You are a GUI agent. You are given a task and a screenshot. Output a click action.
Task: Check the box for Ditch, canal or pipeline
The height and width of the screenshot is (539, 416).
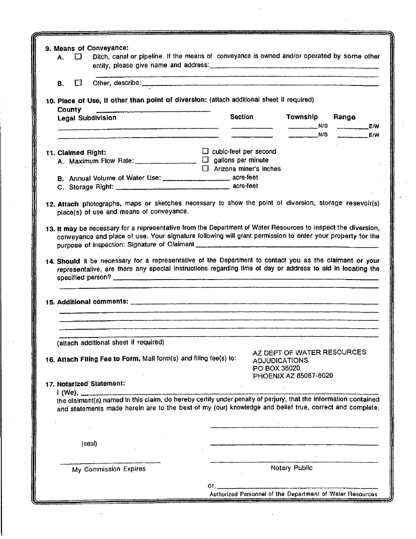pos(78,57)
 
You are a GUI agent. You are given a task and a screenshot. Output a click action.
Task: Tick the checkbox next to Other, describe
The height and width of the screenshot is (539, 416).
pos(78,82)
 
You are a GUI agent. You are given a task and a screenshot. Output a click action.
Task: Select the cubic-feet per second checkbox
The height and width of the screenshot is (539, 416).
pos(205,152)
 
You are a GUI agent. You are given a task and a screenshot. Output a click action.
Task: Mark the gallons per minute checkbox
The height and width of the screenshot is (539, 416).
pos(205,160)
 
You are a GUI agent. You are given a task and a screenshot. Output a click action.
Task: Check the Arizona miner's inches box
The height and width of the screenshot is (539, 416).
pos(205,169)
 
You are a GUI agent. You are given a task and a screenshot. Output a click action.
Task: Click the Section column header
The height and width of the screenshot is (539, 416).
pos(242,117)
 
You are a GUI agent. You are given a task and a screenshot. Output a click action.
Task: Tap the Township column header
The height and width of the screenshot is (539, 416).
pos(302,117)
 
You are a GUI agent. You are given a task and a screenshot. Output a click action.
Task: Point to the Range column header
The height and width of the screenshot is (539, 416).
pos(345,117)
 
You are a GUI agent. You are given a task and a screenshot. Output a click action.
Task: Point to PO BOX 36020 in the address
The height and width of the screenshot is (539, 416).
pos(276,368)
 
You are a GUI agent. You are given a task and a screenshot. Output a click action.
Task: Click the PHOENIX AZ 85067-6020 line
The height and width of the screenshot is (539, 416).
pos(293,376)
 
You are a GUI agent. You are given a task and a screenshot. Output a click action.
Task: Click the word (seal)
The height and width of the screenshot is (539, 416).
pos(89,443)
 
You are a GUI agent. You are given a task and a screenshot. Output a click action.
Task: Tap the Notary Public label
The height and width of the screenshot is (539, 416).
pos(292,468)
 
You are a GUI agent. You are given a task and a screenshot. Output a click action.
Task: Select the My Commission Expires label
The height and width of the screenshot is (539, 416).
pos(109,469)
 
